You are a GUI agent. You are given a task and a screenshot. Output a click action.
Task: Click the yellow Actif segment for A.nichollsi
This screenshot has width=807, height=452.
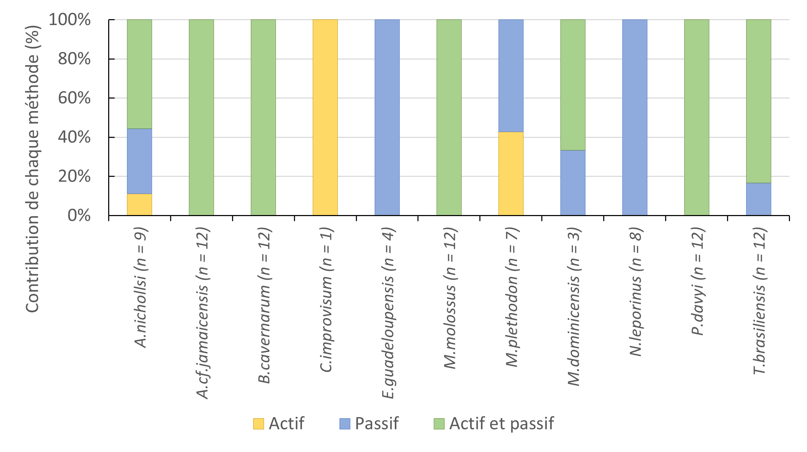click(139, 205)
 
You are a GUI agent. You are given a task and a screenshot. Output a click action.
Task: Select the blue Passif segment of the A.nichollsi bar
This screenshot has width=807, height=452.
click(139, 161)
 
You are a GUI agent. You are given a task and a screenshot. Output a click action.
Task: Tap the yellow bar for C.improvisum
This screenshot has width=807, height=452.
click(325, 118)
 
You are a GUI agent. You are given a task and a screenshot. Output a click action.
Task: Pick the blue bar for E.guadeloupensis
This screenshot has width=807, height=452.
click(387, 118)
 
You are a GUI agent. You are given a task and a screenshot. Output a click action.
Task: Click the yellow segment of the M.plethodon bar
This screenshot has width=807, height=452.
click(511, 174)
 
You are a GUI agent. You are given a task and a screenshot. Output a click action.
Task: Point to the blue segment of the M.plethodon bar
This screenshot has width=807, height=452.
click(511, 76)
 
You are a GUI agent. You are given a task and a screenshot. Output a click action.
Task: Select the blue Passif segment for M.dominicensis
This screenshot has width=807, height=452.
click(573, 183)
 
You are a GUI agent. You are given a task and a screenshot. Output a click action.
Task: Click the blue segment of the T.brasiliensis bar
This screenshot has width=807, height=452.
click(758, 199)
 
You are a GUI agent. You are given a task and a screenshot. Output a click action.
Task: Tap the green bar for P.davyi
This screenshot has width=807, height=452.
click(696, 118)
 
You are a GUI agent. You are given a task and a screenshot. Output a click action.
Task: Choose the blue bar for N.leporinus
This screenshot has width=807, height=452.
click(634, 118)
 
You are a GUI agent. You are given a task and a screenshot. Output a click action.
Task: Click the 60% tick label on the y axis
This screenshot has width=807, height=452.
click(74, 98)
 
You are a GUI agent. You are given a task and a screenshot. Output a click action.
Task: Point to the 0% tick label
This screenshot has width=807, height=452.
click(79, 216)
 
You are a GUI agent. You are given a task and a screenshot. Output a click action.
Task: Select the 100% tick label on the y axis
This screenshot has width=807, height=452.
click(70, 20)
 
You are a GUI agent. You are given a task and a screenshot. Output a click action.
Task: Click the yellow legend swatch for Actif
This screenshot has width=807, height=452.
click(258, 424)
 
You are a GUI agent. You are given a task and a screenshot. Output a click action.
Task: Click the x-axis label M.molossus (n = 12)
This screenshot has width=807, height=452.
click(450, 298)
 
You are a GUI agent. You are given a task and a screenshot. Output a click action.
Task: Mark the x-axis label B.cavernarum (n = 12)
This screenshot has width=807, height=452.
click(264, 305)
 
